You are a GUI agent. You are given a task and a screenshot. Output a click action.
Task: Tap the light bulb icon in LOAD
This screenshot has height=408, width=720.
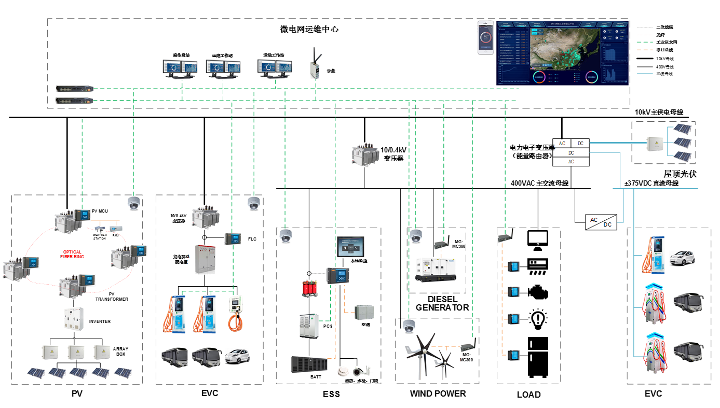(537, 318)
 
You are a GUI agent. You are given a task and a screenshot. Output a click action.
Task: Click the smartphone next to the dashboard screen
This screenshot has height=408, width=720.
(486, 37)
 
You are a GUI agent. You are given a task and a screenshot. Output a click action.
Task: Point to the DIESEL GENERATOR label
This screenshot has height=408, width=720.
(442, 303)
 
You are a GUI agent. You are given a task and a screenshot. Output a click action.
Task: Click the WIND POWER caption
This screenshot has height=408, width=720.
(438, 393)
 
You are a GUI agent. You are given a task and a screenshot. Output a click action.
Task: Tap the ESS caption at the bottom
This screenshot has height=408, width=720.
(331, 395)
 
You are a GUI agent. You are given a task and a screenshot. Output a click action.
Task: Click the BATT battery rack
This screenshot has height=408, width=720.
(310, 365)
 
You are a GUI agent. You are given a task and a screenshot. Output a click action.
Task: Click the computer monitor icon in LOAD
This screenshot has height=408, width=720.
(537, 238)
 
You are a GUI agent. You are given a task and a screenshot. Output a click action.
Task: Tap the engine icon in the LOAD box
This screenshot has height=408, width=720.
(537, 291)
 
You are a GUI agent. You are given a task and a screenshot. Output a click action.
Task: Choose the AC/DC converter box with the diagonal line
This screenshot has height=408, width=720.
(601, 222)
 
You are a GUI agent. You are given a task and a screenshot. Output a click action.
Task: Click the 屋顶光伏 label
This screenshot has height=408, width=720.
(680, 174)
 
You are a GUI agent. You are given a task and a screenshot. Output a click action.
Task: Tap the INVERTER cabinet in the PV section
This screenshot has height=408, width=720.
(73, 320)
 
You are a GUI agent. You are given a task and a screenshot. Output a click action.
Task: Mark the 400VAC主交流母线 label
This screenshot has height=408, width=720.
(539, 183)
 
